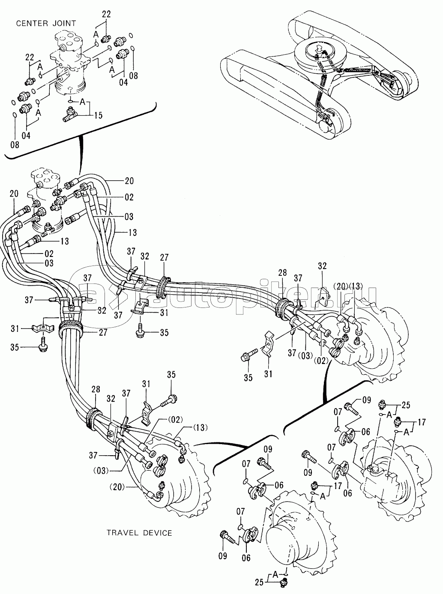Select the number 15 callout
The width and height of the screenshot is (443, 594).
(x=98, y=116)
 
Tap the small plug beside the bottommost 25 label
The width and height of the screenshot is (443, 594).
(x=283, y=581)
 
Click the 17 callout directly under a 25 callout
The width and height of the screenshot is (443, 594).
(x=422, y=422)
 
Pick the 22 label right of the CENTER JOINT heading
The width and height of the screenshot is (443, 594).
(x=106, y=14)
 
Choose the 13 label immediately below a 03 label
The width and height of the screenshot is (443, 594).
(x=132, y=232)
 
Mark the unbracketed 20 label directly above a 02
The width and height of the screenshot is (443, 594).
(x=129, y=181)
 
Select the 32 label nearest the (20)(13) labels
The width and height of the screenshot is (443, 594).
(x=322, y=266)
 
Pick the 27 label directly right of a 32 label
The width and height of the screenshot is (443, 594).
(x=164, y=257)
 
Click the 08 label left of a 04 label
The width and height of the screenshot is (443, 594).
(x=15, y=145)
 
